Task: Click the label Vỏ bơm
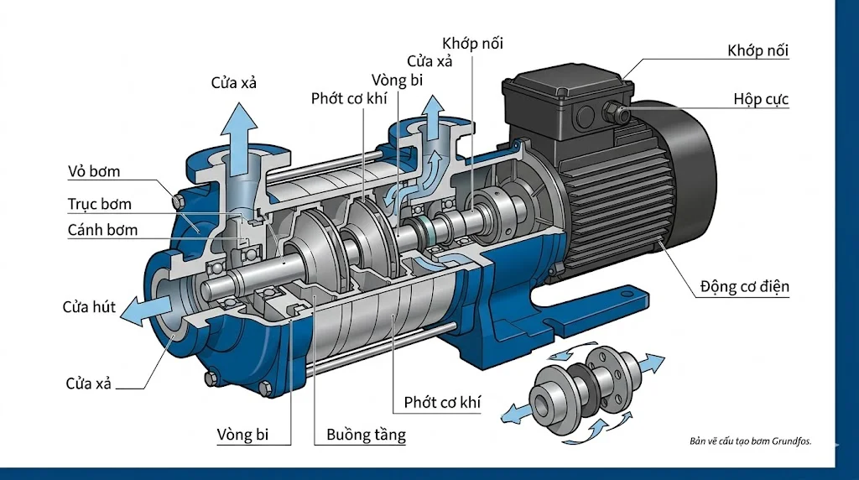pyautogui.click(x=93, y=172)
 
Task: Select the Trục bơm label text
pyautogui.click(x=99, y=204)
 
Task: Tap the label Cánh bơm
pyautogui.click(x=102, y=230)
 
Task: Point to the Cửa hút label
pyautogui.click(x=89, y=306)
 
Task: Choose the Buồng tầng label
pyautogui.click(x=365, y=435)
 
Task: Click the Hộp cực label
pyautogui.click(x=760, y=100)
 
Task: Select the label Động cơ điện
pyautogui.click(x=744, y=287)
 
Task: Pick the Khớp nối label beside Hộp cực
pyautogui.click(x=757, y=51)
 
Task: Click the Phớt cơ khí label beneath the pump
pyautogui.click(x=442, y=402)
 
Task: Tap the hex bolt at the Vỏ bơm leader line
pyautogui.click(x=176, y=201)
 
